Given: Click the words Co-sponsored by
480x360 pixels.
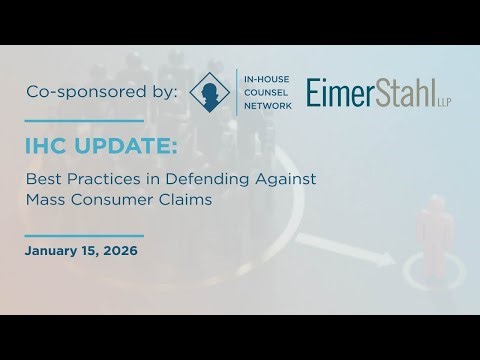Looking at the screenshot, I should [101, 93].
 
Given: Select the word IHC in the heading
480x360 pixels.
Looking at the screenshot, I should [48, 147].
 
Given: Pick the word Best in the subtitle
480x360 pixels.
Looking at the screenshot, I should [43, 179].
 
